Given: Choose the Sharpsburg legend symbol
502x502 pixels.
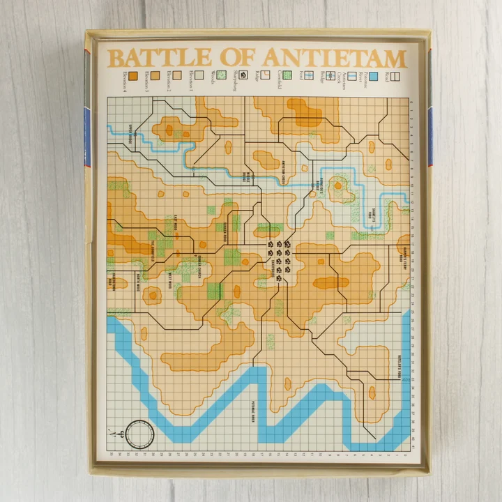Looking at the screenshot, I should pyautogui.click(x=244, y=75).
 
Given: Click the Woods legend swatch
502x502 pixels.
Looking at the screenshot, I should pyautogui.click(x=199, y=75).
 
